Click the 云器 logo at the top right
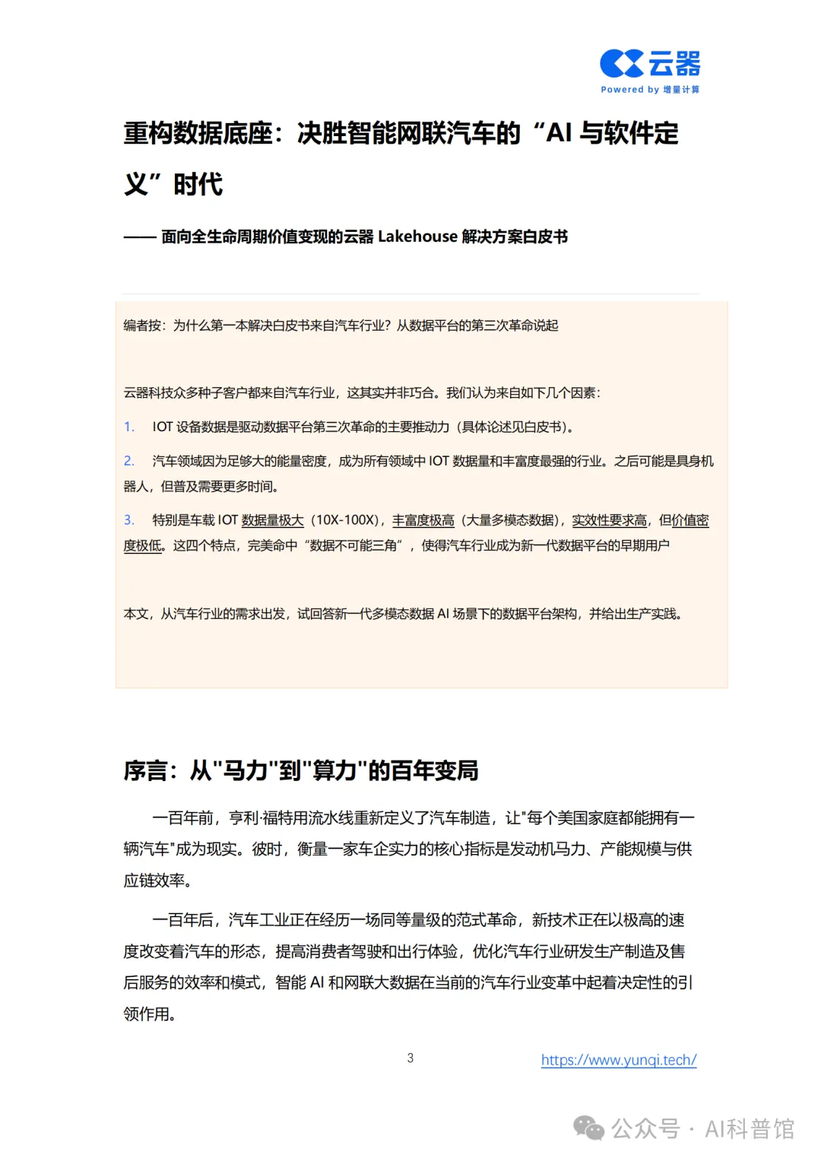pyautogui.click(x=650, y=64)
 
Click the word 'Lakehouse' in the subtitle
pyautogui.click(x=417, y=237)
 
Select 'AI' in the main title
pyautogui.click(x=559, y=133)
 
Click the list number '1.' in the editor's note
pyautogui.click(x=129, y=427)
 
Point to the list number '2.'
pyautogui.click(x=129, y=461)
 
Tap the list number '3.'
pyautogui.click(x=129, y=520)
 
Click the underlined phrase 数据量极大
pyautogui.click(x=272, y=520)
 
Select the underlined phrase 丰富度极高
pyautogui.click(x=423, y=520)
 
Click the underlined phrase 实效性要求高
pyautogui.click(x=609, y=520)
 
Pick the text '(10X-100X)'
pyautogui.click(x=347, y=520)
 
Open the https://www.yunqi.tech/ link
pyautogui.click(x=619, y=1059)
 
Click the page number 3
pyautogui.click(x=410, y=1058)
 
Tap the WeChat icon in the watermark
pyautogui.click(x=588, y=1128)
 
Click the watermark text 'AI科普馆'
pyautogui.click(x=749, y=1129)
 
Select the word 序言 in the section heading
pyautogui.click(x=145, y=770)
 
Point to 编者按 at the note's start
pyautogui.click(x=142, y=325)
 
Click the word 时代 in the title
pyautogui.click(x=198, y=184)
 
